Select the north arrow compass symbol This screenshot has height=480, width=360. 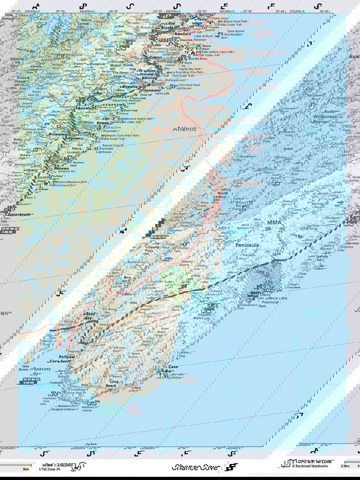pyautogui.click(x=80, y=466)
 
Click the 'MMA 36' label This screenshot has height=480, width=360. pyautogui.click(x=274, y=225)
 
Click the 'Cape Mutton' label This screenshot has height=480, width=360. pyautogui.click(x=25, y=368)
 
